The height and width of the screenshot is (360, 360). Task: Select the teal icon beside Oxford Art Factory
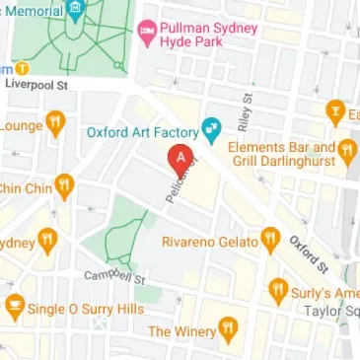tap(210, 129)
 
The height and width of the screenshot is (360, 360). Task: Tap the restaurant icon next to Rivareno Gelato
tap(271, 238)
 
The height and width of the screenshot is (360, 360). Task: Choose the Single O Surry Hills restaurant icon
tap(14, 308)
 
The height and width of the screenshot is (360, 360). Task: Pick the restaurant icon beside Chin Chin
tap(64, 184)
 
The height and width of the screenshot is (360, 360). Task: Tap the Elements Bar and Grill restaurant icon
tap(346, 151)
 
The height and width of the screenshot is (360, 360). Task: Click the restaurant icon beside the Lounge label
tap(55, 124)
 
